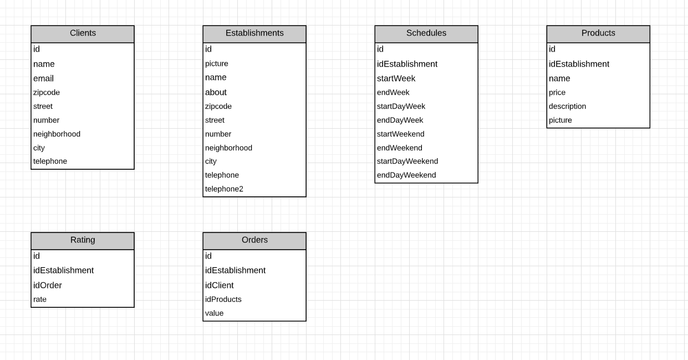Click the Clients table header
point(83,33)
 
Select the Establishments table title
point(254,33)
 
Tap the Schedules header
point(426,33)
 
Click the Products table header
point(598,33)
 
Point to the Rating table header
point(83,240)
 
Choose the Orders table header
point(254,240)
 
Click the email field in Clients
point(44,79)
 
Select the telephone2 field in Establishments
point(224,189)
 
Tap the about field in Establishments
point(216,93)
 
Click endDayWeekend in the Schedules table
point(406,175)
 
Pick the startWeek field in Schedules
point(396,79)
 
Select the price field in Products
point(557,93)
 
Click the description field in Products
point(567,107)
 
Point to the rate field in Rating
point(40,300)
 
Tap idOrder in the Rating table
point(48,286)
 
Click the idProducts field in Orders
point(223,300)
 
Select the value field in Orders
point(215,313)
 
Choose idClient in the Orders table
point(220,286)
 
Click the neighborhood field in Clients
point(57,134)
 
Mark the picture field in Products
point(560,120)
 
